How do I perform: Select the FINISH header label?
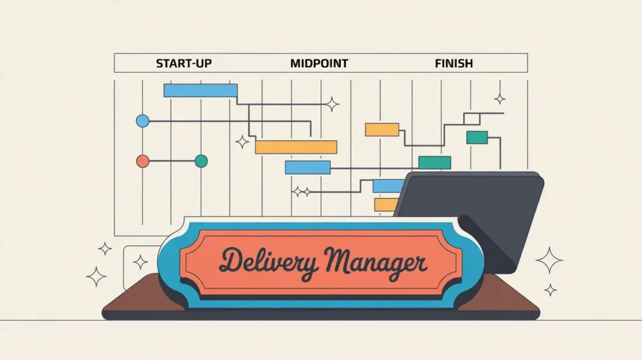(453, 63)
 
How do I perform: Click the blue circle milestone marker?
(143, 121)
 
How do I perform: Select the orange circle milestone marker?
(143, 161)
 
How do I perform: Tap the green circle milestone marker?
(201, 161)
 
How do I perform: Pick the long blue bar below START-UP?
(201, 90)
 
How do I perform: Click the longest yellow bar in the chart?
(296, 147)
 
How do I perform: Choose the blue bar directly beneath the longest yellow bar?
(307, 167)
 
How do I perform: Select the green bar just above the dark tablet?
(434, 162)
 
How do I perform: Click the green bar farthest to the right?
(476, 137)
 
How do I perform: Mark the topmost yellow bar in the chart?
(382, 130)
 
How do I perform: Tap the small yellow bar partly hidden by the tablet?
(384, 204)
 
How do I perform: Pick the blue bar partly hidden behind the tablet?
(387, 186)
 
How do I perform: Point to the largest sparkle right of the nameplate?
(549, 260)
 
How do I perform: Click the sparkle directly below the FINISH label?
(500, 98)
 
